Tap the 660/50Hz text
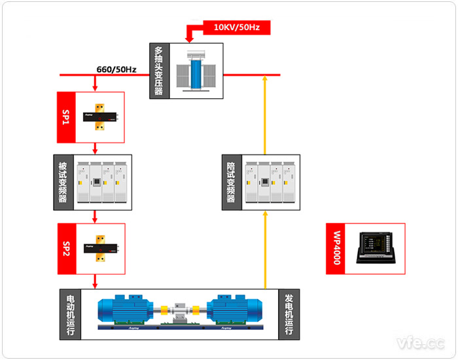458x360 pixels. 116,68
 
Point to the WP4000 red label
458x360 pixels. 336,248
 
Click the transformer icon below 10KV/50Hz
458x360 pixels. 195,71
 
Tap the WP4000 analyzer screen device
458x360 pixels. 377,248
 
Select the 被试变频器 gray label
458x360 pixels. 63,182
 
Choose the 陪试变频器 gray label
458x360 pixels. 230,182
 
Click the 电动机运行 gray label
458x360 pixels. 69,314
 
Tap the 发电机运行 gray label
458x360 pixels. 288,314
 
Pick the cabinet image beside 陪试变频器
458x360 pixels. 269,182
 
